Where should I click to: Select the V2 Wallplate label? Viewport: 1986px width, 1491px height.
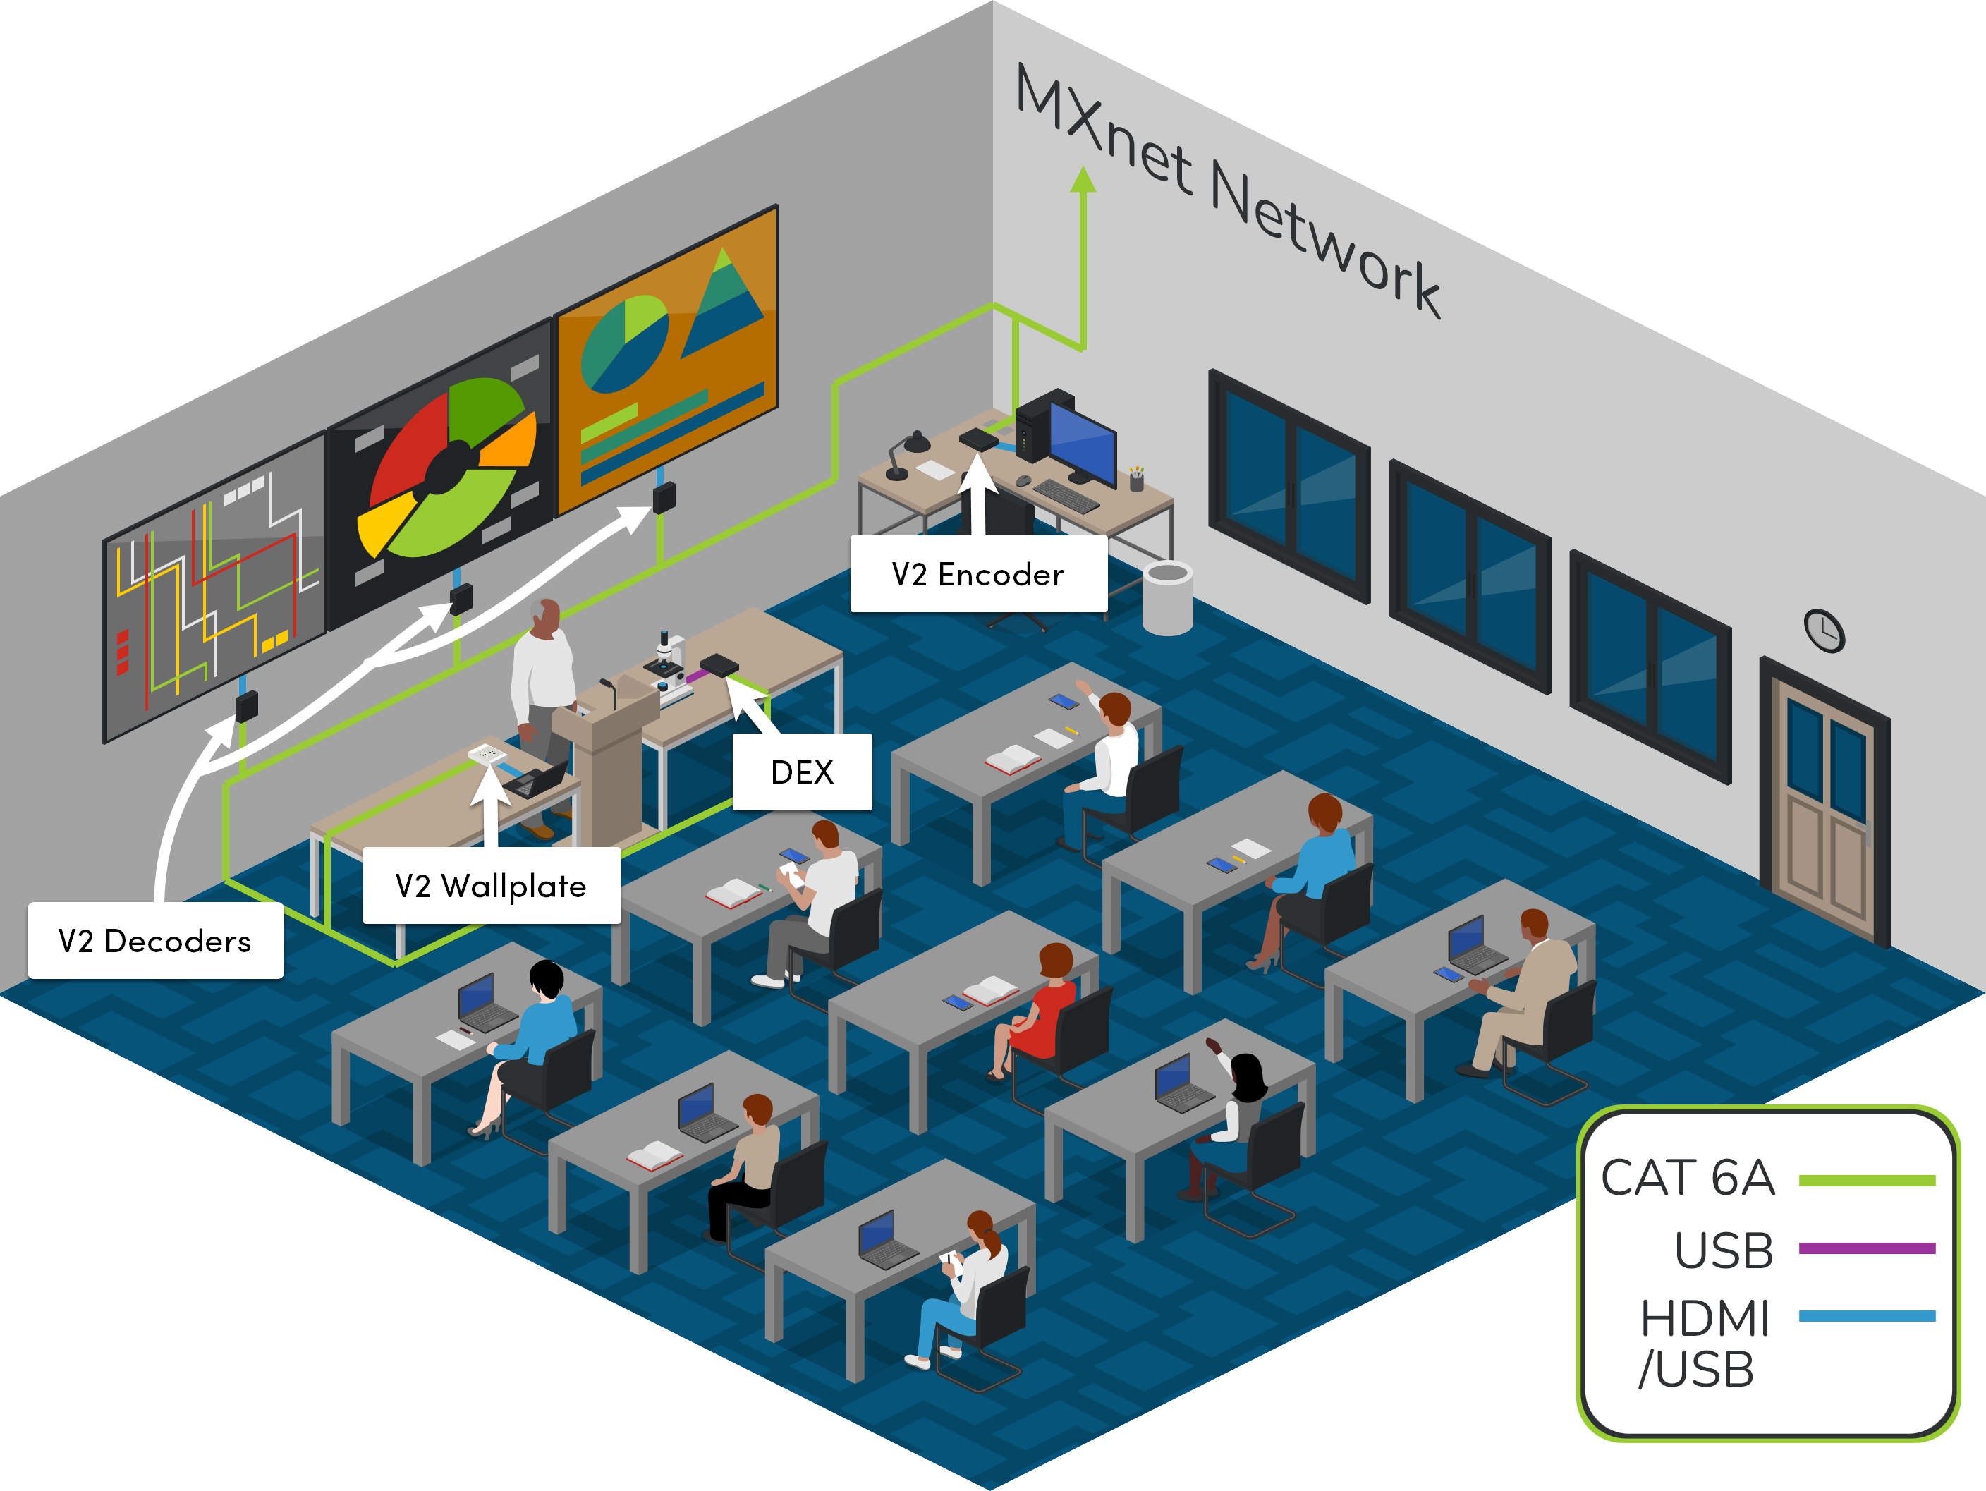490,886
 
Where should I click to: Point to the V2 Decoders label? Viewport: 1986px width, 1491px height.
155,941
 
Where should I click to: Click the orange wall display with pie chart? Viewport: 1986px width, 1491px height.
666,359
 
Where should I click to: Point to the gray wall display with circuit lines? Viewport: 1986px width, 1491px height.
214,588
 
